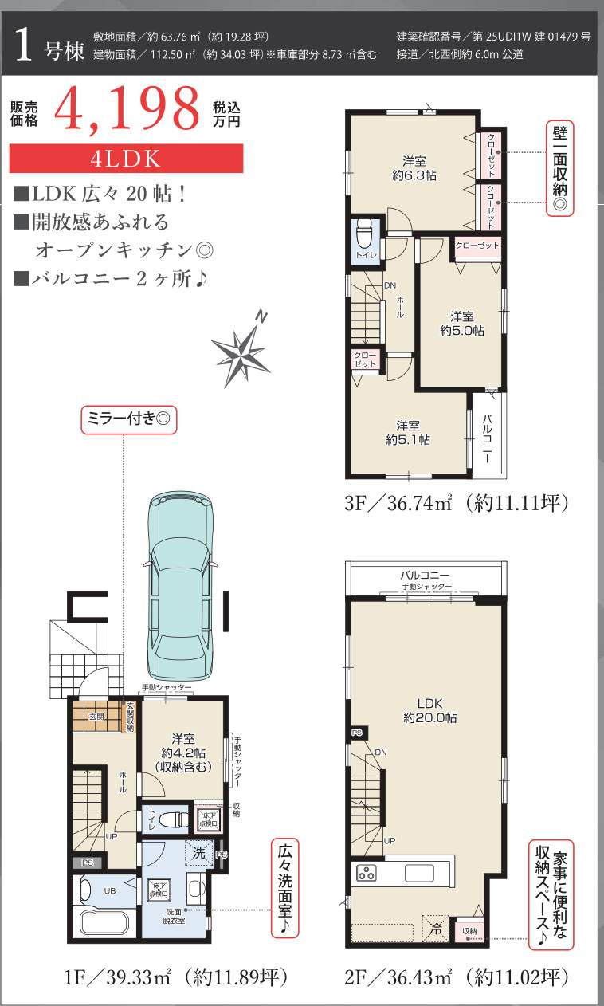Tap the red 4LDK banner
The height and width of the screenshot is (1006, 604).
pos(126,158)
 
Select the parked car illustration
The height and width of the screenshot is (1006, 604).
pos(178,586)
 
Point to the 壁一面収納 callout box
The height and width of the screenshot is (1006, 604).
pos(561,168)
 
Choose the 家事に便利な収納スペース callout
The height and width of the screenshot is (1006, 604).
pos(551,894)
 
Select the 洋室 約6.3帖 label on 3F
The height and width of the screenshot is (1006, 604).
pos(414,167)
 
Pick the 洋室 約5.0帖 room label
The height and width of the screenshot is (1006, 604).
pos(461,323)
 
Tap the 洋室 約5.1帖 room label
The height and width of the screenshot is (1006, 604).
pos(408,432)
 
